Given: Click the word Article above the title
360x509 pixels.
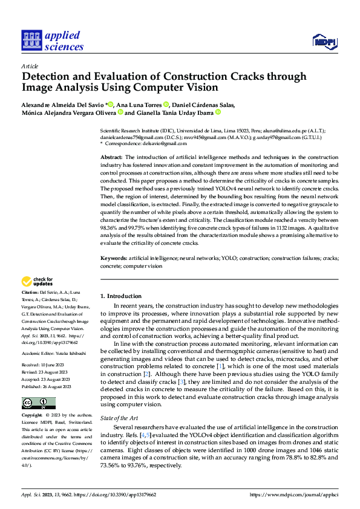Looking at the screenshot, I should pos(29,66).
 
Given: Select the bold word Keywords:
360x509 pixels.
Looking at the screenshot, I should pos(114,258).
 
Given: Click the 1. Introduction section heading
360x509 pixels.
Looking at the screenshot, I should pos(120,296).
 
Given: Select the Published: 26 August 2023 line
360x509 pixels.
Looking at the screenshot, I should pos(47,369).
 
